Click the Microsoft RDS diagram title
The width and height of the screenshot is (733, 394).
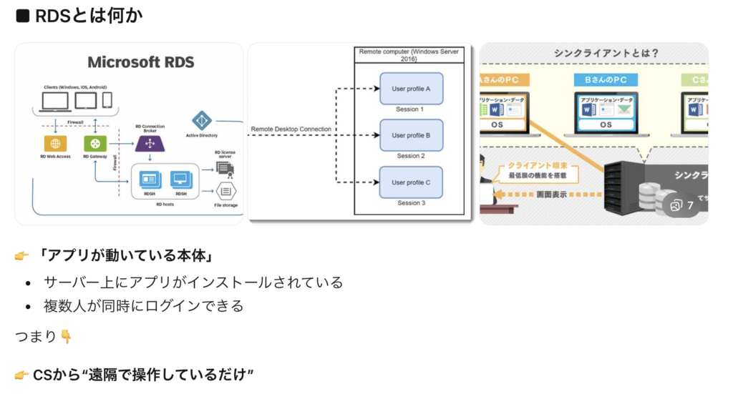140,62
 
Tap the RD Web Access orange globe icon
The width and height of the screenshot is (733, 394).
53,142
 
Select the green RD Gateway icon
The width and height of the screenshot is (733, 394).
93,142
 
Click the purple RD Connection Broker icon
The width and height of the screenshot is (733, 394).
150,143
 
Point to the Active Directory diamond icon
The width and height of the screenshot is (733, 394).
201,120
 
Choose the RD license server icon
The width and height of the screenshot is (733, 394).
225,169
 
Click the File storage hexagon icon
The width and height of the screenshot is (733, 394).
226,192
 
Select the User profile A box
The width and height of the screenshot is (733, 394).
411,89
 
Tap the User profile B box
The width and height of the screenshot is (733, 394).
411,135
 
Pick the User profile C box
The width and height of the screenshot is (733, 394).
411,182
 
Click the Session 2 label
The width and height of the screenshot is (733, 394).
411,156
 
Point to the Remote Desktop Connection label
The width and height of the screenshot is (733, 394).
291,129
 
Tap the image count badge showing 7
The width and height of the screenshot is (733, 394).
682,205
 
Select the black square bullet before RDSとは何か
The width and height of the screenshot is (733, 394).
22,15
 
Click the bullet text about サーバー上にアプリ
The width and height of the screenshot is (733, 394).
193,282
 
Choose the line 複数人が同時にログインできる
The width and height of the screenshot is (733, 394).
144,306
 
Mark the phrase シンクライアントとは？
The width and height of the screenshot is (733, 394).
606,54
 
